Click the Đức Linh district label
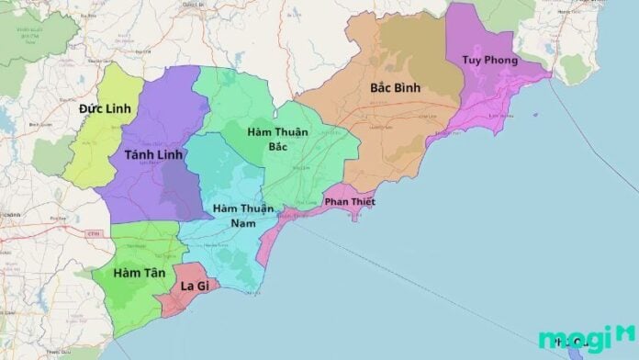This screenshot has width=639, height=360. click(105, 108)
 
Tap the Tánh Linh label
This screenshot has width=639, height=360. click(151, 154)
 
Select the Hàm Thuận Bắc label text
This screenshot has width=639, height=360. click(276, 139)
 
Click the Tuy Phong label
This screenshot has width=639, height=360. click(489, 61)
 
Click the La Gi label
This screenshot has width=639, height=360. click(193, 287)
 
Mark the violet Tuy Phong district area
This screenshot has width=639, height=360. click(477, 37)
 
